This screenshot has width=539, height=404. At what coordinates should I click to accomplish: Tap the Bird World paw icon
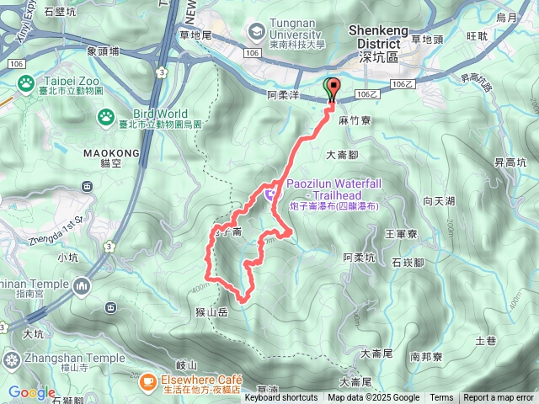tap(105, 116)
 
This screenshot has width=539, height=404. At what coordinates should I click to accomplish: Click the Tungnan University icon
tap(255, 31)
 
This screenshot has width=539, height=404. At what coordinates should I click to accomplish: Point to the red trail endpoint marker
tap(331, 89)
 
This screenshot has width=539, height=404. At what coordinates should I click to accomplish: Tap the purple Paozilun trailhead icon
tap(269, 194)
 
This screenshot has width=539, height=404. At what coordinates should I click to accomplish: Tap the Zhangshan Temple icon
tap(11, 361)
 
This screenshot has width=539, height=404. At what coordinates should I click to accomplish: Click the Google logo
tap(31, 392)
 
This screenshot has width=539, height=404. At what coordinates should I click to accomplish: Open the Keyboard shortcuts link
tap(281, 398)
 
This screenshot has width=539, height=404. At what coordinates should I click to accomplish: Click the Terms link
tap(441, 398)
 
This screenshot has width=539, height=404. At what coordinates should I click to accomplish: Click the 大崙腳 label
tap(342, 155)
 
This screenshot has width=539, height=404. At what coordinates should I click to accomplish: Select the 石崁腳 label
tap(407, 263)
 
